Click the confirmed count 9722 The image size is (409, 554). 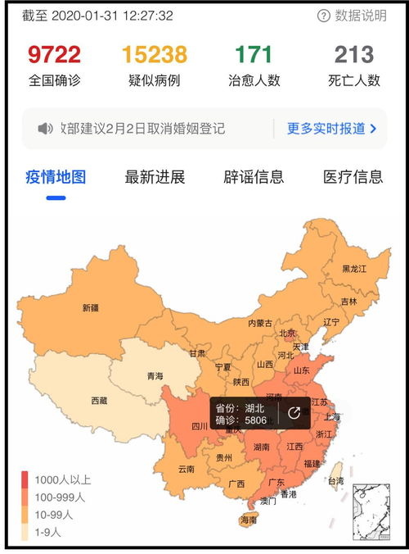(x=54, y=55)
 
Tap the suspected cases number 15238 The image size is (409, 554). (x=154, y=55)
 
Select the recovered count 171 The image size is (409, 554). (x=254, y=55)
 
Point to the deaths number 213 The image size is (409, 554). (x=354, y=55)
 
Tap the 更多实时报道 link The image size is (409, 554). (x=331, y=129)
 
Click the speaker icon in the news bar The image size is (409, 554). (x=46, y=129)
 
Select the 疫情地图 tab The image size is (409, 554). (x=56, y=177)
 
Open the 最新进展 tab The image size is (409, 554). (x=155, y=177)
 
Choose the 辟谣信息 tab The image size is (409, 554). (x=254, y=177)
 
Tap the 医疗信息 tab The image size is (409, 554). (x=353, y=177)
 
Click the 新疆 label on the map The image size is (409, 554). (x=90, y=308)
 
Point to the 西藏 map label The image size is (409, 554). (x=99, y=401)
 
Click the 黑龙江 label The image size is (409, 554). (x=354, y=269)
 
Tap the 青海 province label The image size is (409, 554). (x=155, y=376)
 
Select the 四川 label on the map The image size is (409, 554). (x=200, y=426)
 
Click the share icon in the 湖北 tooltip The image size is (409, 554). (x=294, y=413)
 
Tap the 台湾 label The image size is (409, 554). (x=335, y=481)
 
